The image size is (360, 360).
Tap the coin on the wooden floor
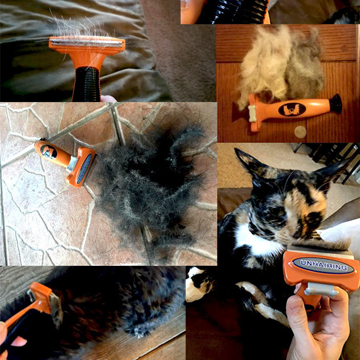tap(300, 132)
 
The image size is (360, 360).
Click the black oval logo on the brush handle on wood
tap(292, 109)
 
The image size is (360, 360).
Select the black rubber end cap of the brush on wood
tap(336, 104)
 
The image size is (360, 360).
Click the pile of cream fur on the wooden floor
tap(280, 67)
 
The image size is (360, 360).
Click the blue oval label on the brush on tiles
tap(84, 169)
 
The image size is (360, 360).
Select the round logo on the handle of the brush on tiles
tap(49, 152)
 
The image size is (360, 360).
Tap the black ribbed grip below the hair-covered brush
tap(86, 84)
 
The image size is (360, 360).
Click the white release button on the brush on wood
tap(252, 113)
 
